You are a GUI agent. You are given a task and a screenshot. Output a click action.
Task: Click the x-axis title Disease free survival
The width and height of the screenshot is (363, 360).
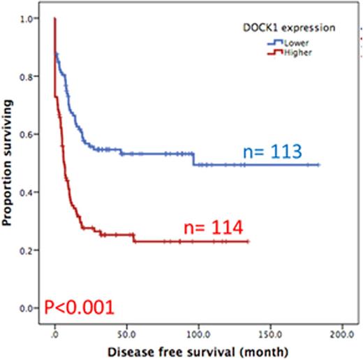(x=197, y=347)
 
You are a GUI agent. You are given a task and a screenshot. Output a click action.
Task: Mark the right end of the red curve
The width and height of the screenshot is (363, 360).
(x=249, y=242)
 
